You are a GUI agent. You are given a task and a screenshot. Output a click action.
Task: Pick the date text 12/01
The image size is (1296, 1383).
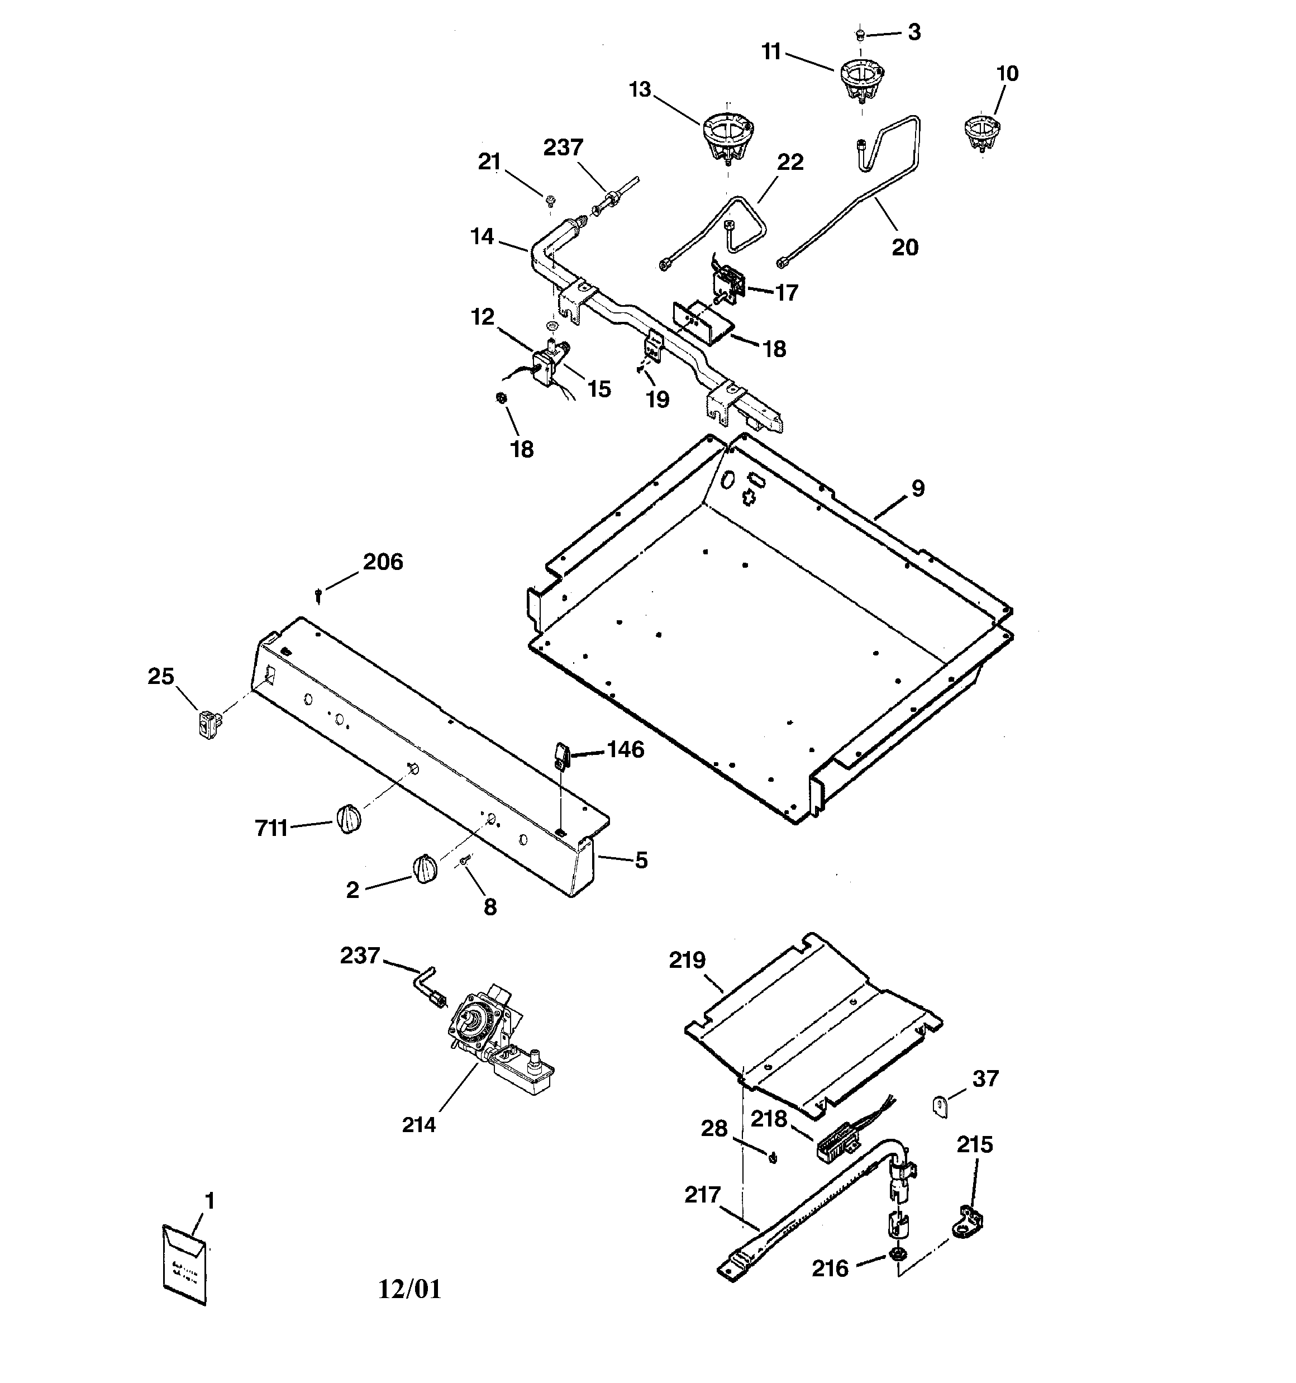click(x=409, y=1289)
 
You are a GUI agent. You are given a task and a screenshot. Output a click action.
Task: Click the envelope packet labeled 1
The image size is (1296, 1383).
click(x=184, y=1264)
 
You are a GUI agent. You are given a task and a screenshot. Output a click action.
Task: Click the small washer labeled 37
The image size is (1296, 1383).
click(x=941, y=1105)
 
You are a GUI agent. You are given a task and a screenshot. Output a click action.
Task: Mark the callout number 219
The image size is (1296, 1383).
click(x=687, y=960)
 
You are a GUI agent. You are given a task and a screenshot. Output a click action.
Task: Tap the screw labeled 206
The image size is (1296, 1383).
click(x=318, y=595)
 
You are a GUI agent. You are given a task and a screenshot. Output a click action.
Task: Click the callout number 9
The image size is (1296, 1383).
click(x=918, y=488)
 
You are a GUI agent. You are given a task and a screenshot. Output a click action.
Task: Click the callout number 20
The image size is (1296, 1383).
click(x=905, y=247)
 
